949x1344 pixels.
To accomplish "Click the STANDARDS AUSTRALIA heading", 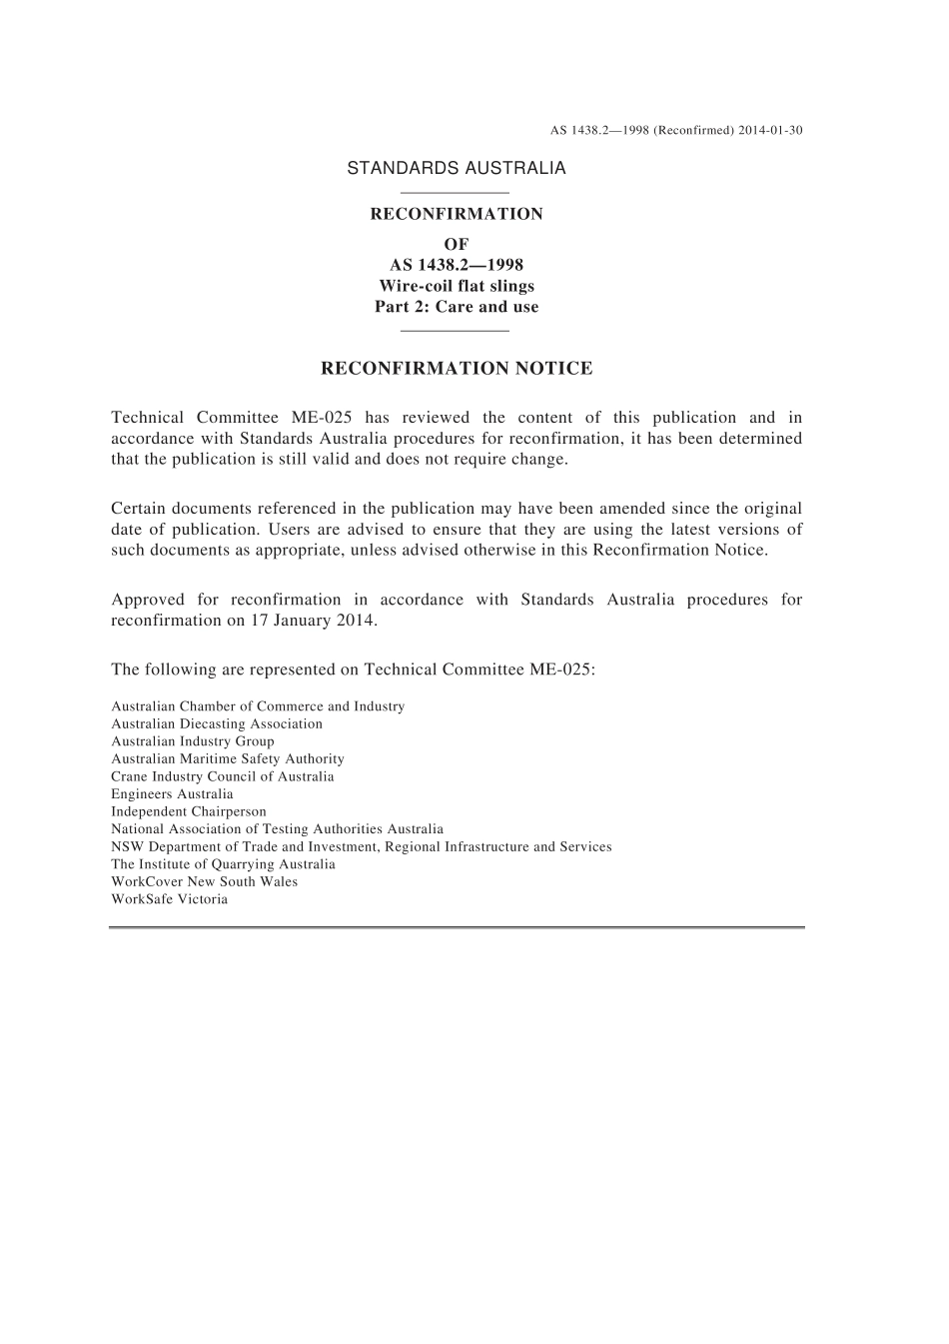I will (456, 169).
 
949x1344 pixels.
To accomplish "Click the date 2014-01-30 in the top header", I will (771, 131).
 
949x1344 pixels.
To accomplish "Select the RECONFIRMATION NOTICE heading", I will (457, 369).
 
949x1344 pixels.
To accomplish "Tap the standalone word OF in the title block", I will (457, 244).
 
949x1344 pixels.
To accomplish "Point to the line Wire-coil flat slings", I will (457, 286).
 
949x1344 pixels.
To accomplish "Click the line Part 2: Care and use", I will (457, 307).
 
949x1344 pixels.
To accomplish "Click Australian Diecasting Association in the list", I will (217, 724).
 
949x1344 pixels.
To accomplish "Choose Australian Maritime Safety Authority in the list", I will (228, 759).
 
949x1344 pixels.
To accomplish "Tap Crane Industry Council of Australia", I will (223, 776).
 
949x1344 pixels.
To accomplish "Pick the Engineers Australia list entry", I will (172, 794).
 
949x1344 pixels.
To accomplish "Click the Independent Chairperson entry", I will (189, 812).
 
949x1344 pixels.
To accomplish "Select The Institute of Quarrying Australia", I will (223, 864).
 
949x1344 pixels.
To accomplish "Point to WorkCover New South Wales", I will (204, 882).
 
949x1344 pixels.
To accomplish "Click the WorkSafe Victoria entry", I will (169, 899).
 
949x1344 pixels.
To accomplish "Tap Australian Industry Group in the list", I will (193, 741).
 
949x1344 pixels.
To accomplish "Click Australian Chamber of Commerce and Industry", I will (258, 706).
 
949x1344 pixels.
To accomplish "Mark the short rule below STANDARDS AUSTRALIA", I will (455, 192).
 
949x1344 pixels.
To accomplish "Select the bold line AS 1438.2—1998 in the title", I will (457, 265).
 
